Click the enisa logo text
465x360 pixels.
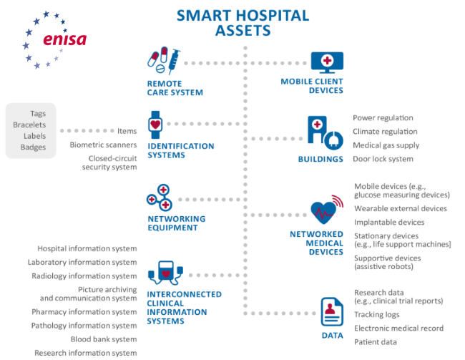coord(64,39)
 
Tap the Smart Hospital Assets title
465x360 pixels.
coord(243,23)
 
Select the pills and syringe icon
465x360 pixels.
coord(164,60)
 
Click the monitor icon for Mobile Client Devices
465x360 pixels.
coord(327,62)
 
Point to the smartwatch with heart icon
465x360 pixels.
coord(155,125)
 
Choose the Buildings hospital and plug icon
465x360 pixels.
coord(325,133)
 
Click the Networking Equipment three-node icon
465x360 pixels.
coord(160,198)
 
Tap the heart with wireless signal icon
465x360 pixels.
coord(327,210)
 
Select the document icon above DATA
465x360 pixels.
coord(332,312)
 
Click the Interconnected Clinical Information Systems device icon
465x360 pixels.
coord(165,273)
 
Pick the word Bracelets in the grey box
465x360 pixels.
coord(29,125)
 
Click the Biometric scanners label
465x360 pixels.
coord(103,145)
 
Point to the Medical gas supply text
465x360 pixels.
coord(386,145)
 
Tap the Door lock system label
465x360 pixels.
coord(383,159)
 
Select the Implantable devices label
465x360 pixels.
coord(389,223)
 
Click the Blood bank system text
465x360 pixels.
coord(104,339)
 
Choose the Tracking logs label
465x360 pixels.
coord(376,315)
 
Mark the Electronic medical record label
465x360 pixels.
coord(399,329)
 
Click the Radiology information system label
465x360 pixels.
coord(84,276)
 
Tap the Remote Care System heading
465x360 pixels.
coord(175,88)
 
